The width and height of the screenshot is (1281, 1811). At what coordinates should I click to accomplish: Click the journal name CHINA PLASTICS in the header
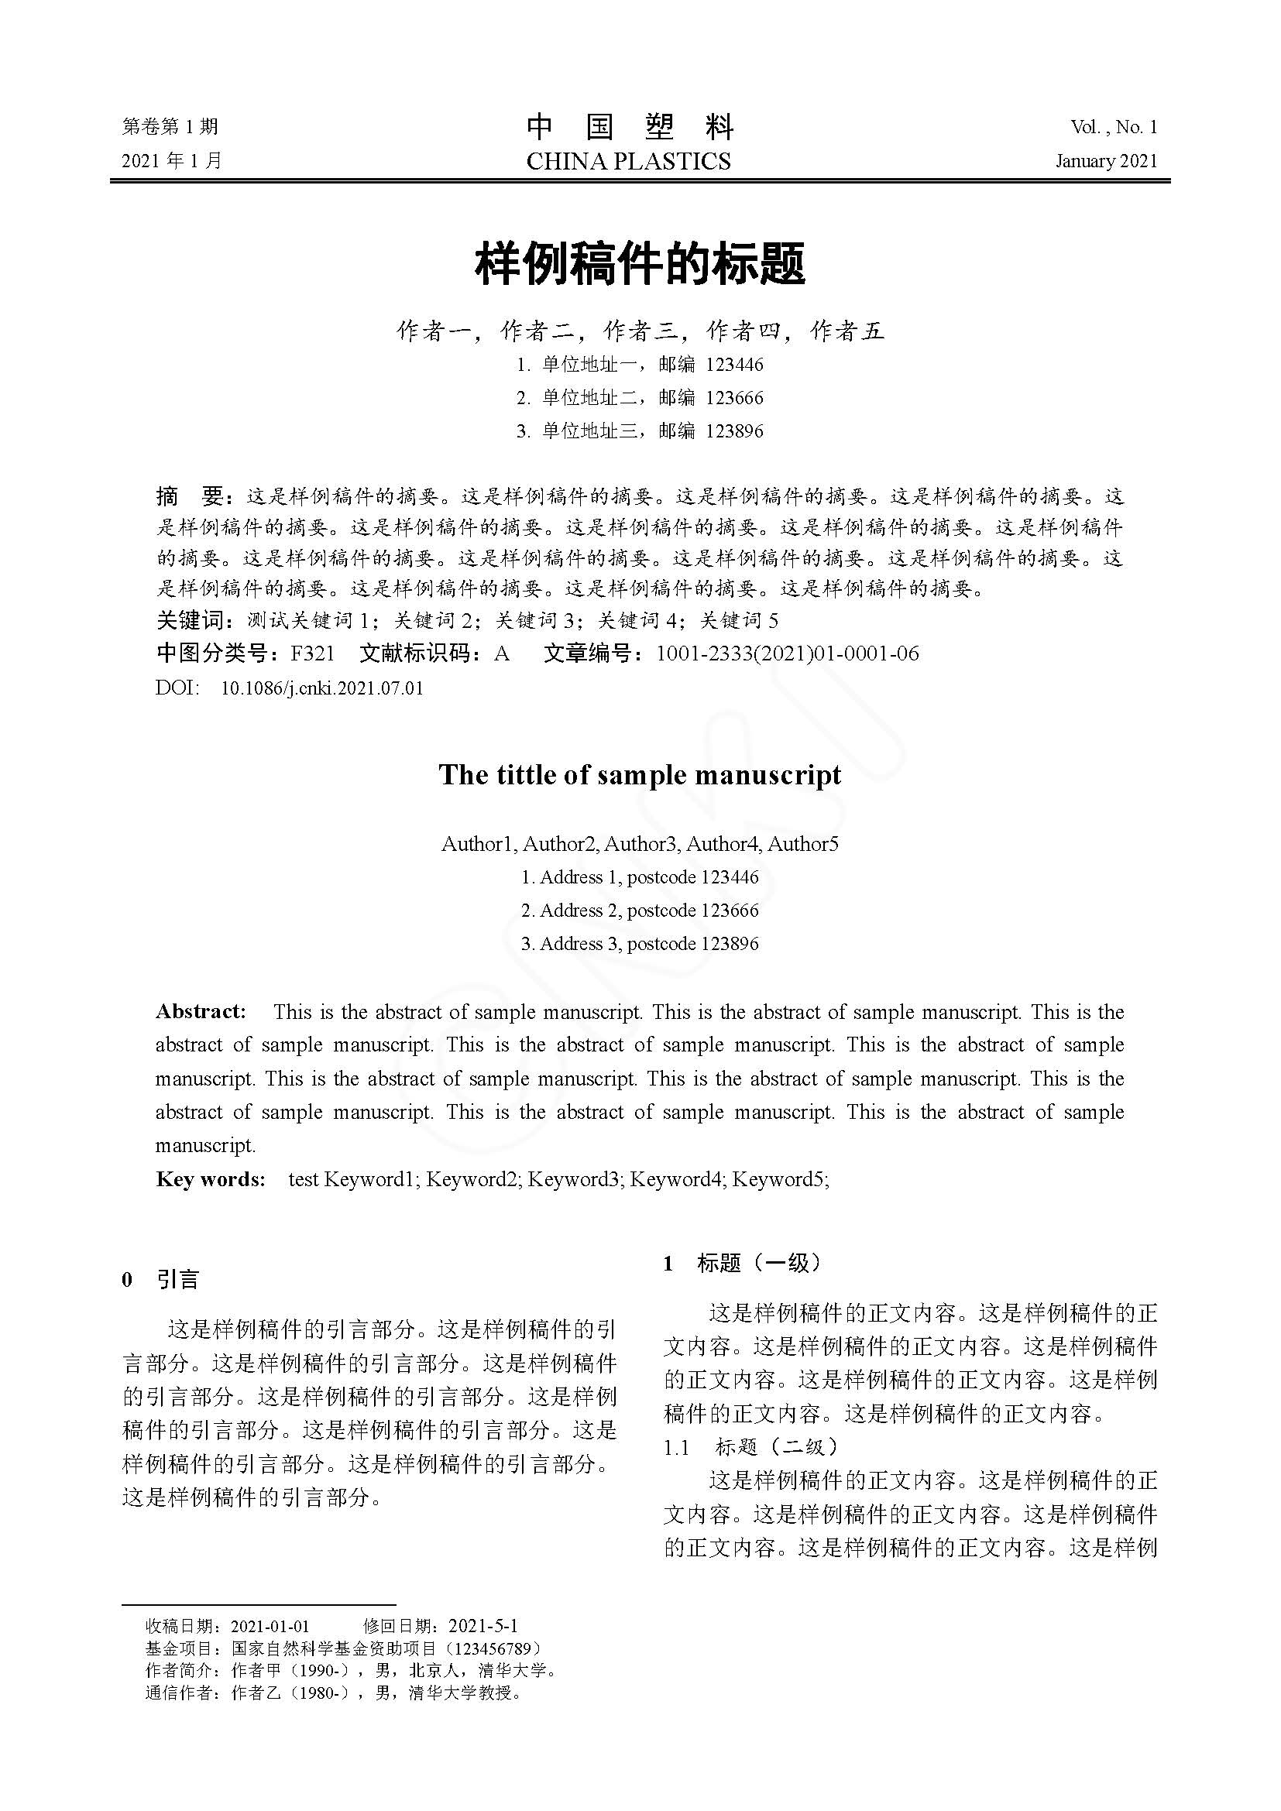[x=628, y=162]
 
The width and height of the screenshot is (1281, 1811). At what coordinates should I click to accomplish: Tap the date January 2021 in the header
[x=1106, y=162]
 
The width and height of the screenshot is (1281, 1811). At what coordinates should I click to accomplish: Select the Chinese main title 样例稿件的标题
[x=640, y=264]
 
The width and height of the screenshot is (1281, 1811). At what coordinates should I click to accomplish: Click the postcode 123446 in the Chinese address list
[x=734, y=365]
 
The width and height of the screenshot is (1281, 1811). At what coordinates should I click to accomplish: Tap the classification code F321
[x=312, y=654]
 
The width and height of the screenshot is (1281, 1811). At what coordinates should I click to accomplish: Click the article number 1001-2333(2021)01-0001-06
[x=787, y=654]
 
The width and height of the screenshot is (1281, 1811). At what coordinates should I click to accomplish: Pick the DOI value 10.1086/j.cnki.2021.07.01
[x=322, y=688]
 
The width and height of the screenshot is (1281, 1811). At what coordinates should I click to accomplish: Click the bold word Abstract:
[x=201, y=1012]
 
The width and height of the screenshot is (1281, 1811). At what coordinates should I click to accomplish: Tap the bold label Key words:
[x=210, y=1179]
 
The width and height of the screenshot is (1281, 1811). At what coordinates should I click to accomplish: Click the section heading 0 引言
[x=160, y=1278]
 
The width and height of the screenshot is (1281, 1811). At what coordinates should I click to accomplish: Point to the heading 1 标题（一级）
[x=742, y=1263]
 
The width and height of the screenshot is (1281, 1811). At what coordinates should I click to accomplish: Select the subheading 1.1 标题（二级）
[x=751, y=1446]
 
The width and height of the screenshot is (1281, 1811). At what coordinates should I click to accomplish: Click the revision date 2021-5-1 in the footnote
[x=483, y=1626]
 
